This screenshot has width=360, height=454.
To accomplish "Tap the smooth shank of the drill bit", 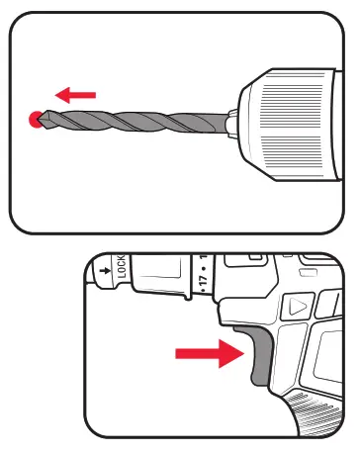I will point(212,120).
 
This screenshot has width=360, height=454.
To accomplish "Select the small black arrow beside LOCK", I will point(103,268).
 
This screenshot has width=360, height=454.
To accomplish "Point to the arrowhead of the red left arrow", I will point(60,95).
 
